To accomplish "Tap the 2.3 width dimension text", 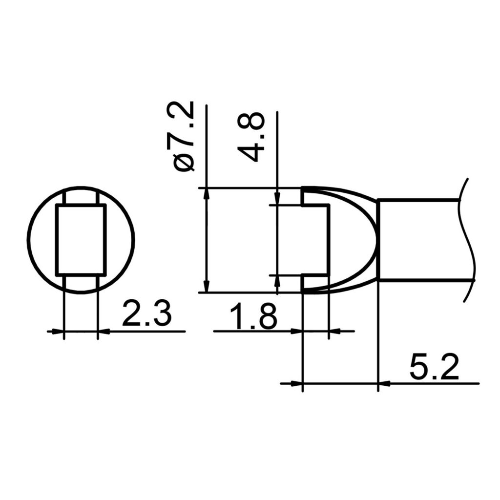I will click(146, 315).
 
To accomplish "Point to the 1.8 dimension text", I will click(253, 316).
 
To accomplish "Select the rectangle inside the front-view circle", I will click(81, 240).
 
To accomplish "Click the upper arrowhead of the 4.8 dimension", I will click(277, 200).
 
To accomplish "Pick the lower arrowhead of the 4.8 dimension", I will click(277, 280).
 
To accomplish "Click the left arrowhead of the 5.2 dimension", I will click(297, 383).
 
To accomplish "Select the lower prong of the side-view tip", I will click(315, 284).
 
